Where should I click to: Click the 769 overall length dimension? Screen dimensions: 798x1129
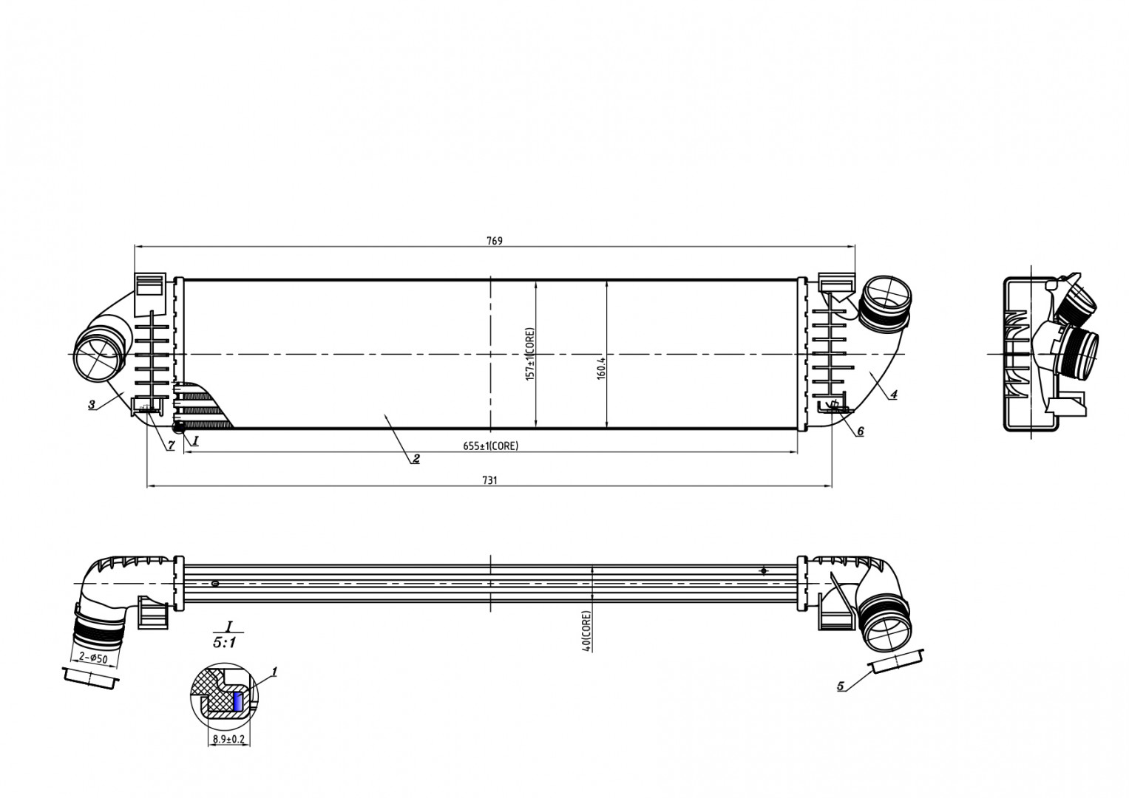[x=494, y=241]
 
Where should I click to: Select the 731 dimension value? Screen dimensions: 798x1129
[x=489, y=480]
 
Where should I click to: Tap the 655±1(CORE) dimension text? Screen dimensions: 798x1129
[x=490, y=446]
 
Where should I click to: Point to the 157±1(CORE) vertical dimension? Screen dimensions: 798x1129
[x=529, y=354]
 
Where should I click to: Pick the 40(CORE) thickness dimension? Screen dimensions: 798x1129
[x=586, y=630]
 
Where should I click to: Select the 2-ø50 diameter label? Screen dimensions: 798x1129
[x=93, y=658]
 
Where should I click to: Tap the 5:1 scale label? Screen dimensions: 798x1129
[x=224, y=643]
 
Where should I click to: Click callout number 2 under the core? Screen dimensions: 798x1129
[x=416, y=459]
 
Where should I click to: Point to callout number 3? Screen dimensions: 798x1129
[x=91, y=404]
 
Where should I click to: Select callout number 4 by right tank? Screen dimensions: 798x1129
[x=893, y=395]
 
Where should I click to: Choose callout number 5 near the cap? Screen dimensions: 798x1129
[x=841, y=686]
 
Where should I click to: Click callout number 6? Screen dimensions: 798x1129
[x=860, y=431]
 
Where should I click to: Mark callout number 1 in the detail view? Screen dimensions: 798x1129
[x=274, y=672]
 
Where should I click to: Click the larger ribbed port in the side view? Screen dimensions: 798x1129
[x=1080, y=354]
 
